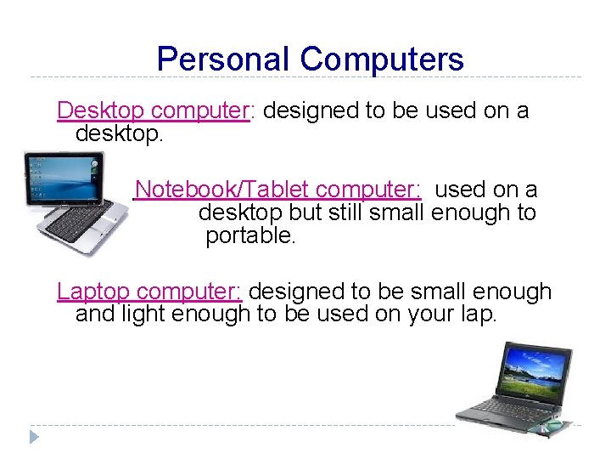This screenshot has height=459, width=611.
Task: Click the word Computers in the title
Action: tap(382, 59)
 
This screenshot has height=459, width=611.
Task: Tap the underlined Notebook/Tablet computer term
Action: tap(278, 190)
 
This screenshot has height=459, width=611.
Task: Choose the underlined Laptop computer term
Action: tap(150, 292)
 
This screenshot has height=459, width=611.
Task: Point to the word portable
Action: tap(250, 235)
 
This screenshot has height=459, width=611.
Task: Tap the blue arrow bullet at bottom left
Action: tap(34, 437)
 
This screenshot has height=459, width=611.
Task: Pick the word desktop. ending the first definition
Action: tap(119, 133)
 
